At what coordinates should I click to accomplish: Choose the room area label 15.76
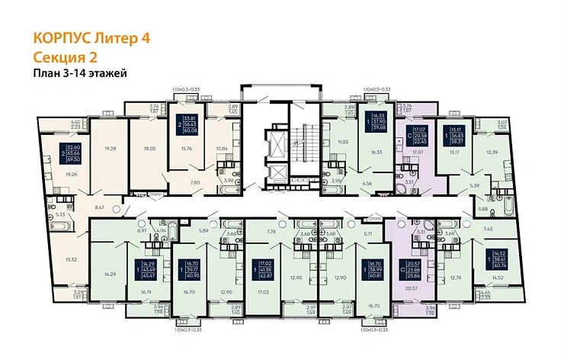pos(187,149)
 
